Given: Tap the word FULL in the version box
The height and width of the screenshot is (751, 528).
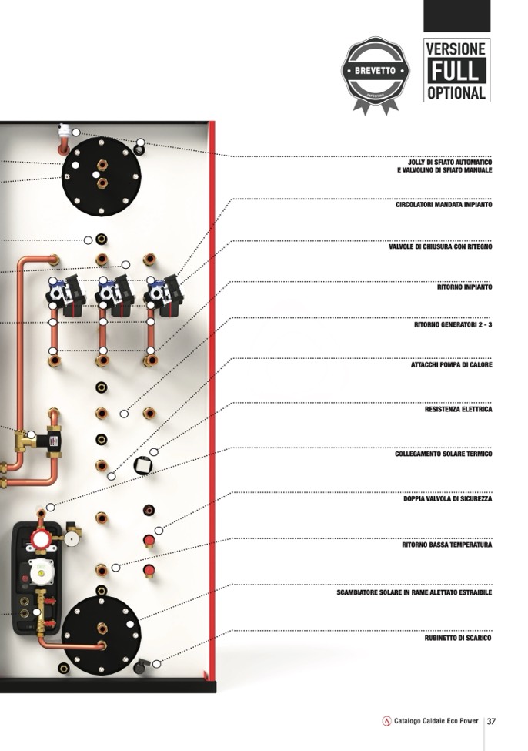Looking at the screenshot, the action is click(x=456, y=71).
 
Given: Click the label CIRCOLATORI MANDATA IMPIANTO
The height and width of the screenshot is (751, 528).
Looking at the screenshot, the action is click(x=444, y=205).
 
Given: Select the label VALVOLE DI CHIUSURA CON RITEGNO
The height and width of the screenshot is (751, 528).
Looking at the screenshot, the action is click(x=440, y=247).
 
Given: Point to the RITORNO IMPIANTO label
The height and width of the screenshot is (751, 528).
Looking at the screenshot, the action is click(x=464, y=287).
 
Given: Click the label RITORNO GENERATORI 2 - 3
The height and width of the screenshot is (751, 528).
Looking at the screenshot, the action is click(x=453, y=325).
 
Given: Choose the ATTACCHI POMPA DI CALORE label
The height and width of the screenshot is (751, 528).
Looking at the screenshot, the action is click(x=451, y=365).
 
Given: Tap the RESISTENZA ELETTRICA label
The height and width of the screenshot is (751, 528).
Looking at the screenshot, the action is click(x=458, y=410).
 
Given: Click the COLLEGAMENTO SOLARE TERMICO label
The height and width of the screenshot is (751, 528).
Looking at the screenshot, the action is click(x=443, y=454).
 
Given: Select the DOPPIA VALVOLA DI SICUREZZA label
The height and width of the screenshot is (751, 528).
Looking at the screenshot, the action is click(x=448, y=499).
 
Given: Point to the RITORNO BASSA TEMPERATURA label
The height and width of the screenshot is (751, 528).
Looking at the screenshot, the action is click(x=446, y=545).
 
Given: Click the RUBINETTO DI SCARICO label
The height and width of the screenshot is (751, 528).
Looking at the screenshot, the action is click(x=458, y=639).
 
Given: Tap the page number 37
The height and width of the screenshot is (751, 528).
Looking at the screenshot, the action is click(x=492, y=721).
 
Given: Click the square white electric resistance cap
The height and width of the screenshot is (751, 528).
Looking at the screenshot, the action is click(x=142, y=464).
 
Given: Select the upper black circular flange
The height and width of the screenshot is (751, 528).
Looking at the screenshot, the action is click(x=101, y=176).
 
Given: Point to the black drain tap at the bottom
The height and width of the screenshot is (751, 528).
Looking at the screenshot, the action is click(x=140, y=666).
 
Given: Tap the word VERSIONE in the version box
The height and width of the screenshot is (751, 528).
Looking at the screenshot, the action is click(x=456, y=49).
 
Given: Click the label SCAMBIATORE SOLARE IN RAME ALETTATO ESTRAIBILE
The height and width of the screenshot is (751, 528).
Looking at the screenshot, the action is click(x=414, y=593).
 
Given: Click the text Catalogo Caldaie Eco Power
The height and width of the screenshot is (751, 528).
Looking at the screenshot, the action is click(x=436, y=721).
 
